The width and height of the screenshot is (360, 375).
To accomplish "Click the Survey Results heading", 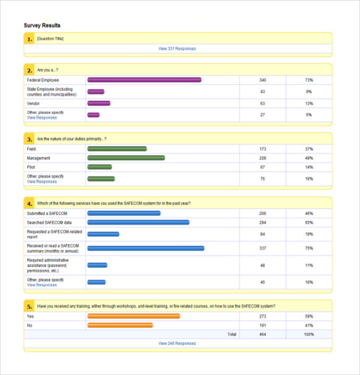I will tap(42, 25).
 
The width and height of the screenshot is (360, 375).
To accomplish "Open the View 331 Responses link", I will tap(177, 49).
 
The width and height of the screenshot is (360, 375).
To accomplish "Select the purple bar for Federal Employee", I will tap(144, 80).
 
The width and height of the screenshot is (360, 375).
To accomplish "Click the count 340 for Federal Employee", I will tap(262, 80).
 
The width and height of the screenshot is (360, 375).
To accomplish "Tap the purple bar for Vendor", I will tap(98, 103).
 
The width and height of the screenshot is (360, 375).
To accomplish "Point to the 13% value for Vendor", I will tap(308, 103).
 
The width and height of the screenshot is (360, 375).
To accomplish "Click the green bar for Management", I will tap(126, 158).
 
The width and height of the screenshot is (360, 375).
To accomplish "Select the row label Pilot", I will tap(31, 167).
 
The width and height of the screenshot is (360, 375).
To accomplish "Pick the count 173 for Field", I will tap(262, 149).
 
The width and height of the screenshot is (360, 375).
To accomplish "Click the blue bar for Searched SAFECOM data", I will tap(138, 223).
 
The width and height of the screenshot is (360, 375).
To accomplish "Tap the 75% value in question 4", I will tap(308, 248).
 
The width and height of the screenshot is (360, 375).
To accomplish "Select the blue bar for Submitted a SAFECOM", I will tap(124, 213).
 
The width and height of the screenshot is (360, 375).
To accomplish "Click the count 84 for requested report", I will tap(262, 234).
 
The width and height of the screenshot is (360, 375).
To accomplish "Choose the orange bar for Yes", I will tap(133, 316).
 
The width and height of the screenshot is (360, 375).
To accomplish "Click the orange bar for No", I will tap(120, 325).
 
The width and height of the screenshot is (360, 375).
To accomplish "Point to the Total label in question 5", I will tap(231, 334).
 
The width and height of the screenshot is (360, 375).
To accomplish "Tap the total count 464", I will tap(262, 334).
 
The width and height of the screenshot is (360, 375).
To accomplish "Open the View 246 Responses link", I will tap(177, 344).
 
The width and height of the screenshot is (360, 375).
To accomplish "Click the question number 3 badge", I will tap(29, 139).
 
